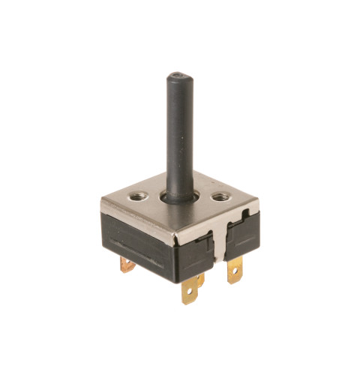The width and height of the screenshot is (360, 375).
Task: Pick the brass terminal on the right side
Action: point(235,271)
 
